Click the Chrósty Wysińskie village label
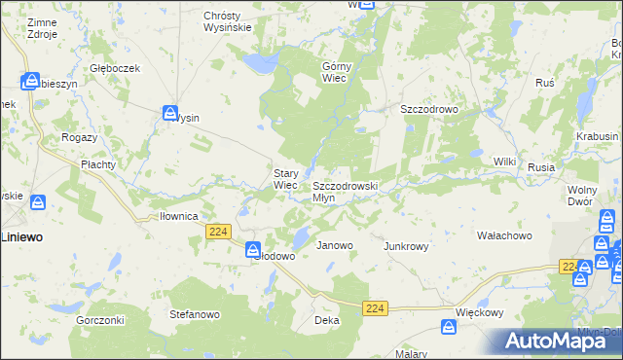228,21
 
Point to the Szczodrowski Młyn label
345,191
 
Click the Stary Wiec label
285,179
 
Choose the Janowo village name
335,246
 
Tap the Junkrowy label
407,246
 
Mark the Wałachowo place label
503,235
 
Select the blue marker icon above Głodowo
252,248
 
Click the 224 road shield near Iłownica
218,231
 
